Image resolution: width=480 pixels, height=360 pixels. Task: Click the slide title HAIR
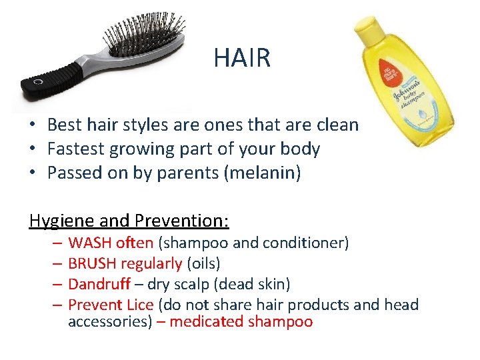pos(242,58)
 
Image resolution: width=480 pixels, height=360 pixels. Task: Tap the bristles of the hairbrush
pos(143,36)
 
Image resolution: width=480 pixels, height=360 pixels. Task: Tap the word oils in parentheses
pos(203,264)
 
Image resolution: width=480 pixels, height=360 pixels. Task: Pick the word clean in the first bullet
pos(339,125)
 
